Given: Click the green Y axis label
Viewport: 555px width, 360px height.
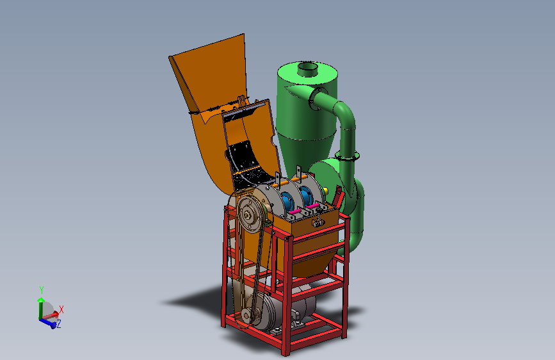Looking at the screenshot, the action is (42, 290).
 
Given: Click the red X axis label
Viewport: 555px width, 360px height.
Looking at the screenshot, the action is (61, 309).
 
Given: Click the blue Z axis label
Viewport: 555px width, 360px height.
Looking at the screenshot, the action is (59, 324).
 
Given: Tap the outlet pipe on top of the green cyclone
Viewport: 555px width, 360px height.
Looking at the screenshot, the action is (307, 69).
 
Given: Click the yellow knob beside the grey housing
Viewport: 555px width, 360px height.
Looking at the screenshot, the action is (326, 192).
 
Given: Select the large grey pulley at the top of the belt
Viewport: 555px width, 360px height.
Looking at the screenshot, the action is (250, 215).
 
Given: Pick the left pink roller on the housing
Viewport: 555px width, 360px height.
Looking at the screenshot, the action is (294, 211).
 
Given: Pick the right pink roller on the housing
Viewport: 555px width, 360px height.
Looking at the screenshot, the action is (312, 206).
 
